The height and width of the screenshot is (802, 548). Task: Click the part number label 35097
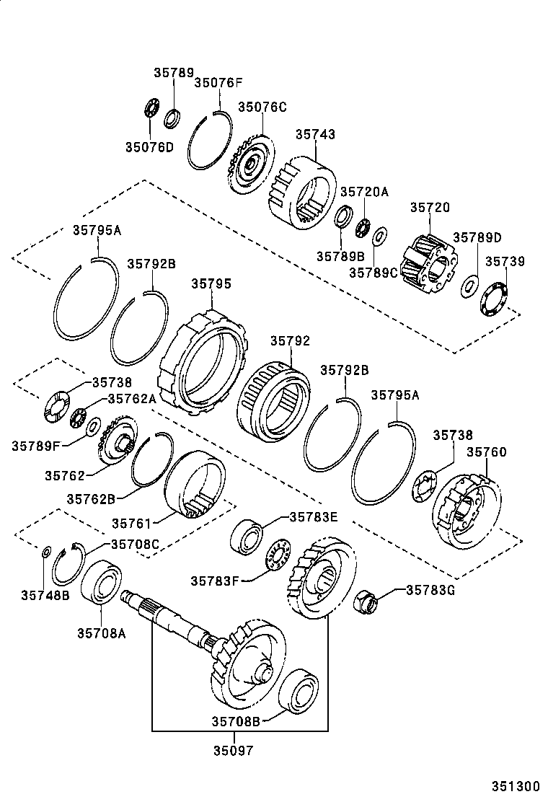232,749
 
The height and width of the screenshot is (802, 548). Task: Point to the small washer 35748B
45,552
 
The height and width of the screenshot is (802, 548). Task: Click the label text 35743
315,134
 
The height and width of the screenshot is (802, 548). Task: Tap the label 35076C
262,107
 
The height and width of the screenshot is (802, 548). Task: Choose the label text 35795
211,283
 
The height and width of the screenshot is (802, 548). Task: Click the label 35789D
477,237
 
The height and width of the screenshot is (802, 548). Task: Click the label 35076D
149,147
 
